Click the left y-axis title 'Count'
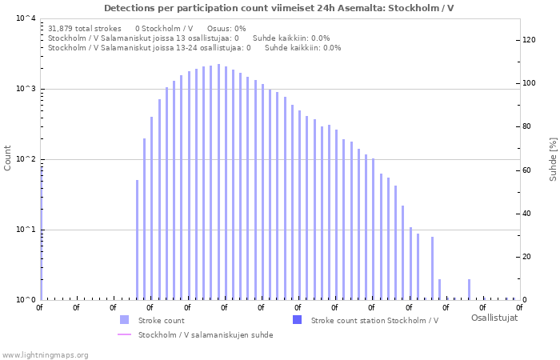[x=8, y=158]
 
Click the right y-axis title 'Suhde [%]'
[x=552, y=158]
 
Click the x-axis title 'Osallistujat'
[x=494, y=318]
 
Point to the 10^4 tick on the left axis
[x=26, y=18]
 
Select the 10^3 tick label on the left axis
[x=26, y=89]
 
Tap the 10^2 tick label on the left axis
[x=26, y=159]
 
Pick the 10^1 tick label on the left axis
[x=26, y=230]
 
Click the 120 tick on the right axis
[x=529, y=40]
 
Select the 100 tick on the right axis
[x=529, y=83]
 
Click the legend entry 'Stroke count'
[x=161, y=320]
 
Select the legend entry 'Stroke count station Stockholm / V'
[x=374, y=320]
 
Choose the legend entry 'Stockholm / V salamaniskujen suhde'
[x=206, y=334]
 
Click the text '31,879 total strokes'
[x=85, y=28]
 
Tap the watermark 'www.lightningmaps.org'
[x=45, y=354]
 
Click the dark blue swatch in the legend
[x=298, y=320]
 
